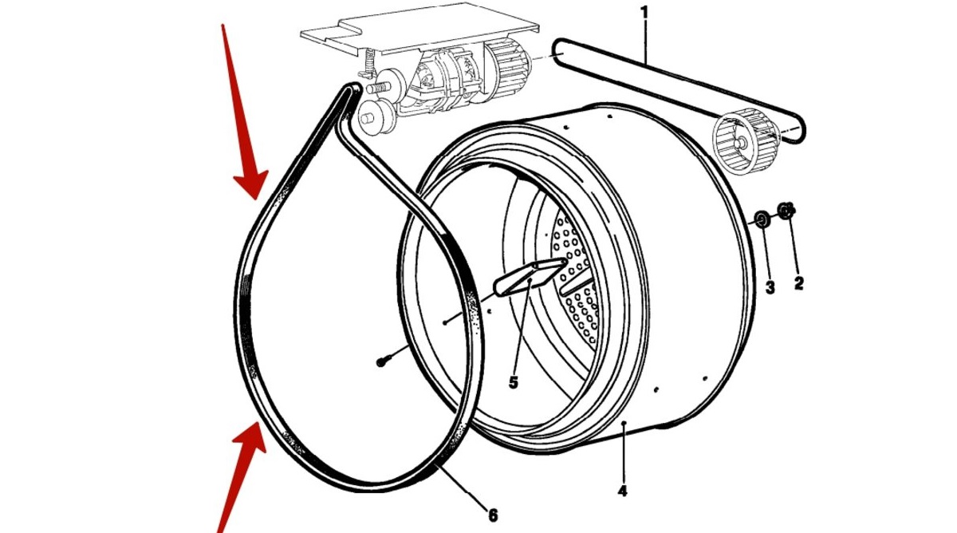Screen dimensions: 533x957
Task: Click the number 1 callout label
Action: point(644,14)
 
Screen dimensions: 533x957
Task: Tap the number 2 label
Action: point(798,282)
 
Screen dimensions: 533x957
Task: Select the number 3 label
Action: point(770,287)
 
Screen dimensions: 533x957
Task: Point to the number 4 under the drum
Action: point(622,491)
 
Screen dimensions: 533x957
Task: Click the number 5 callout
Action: point(513,383)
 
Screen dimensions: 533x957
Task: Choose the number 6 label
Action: point(493,515)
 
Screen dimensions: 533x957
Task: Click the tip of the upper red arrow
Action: point(257,196)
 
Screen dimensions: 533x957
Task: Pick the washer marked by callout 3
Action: point(762,219)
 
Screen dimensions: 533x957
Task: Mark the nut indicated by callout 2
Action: point(786,211)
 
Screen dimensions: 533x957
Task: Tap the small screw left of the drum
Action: point(383,361)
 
